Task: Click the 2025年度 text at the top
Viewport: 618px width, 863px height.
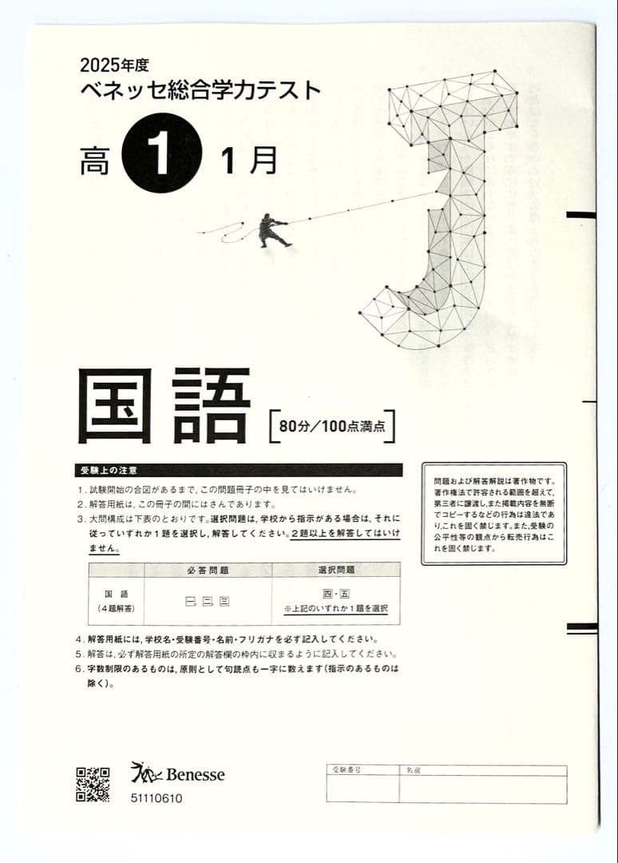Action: coord(115,63)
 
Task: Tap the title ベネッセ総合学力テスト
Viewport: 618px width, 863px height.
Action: coord(200,89)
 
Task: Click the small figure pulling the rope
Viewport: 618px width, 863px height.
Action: coord(272,230)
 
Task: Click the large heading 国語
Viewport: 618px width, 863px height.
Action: coord(164,406)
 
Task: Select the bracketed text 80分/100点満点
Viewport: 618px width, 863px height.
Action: coord(332,427)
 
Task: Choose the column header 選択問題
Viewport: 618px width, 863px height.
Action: coord(335,570)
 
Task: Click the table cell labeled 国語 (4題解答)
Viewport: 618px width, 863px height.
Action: coord(116,601)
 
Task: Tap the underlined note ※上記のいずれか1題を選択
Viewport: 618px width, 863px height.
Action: coord(335,609)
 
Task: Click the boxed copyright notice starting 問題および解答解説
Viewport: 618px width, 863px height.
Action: coord(493,514)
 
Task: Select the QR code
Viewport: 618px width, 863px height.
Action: coord(93,784)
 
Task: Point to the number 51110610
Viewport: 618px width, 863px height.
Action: coord(156,797)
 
